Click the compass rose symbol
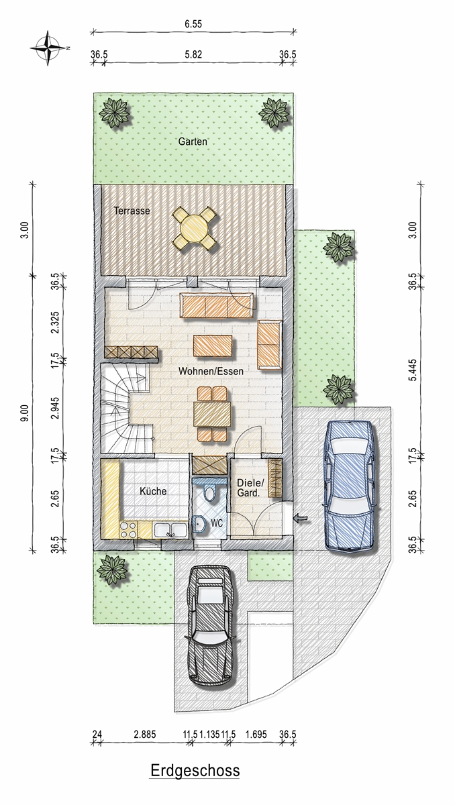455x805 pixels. (48, 48)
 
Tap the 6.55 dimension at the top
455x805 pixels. (193, 24)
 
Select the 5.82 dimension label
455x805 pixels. (193, 54)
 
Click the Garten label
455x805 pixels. (193, 142)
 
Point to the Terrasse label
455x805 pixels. (132, 211)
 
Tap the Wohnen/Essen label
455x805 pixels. (211, 371)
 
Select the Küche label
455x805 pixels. (153, 491)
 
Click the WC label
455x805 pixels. (217, 523)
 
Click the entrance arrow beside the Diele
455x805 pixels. (301, 518)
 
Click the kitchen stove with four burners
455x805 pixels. (128, 530)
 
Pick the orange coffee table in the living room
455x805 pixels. (213, 345)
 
